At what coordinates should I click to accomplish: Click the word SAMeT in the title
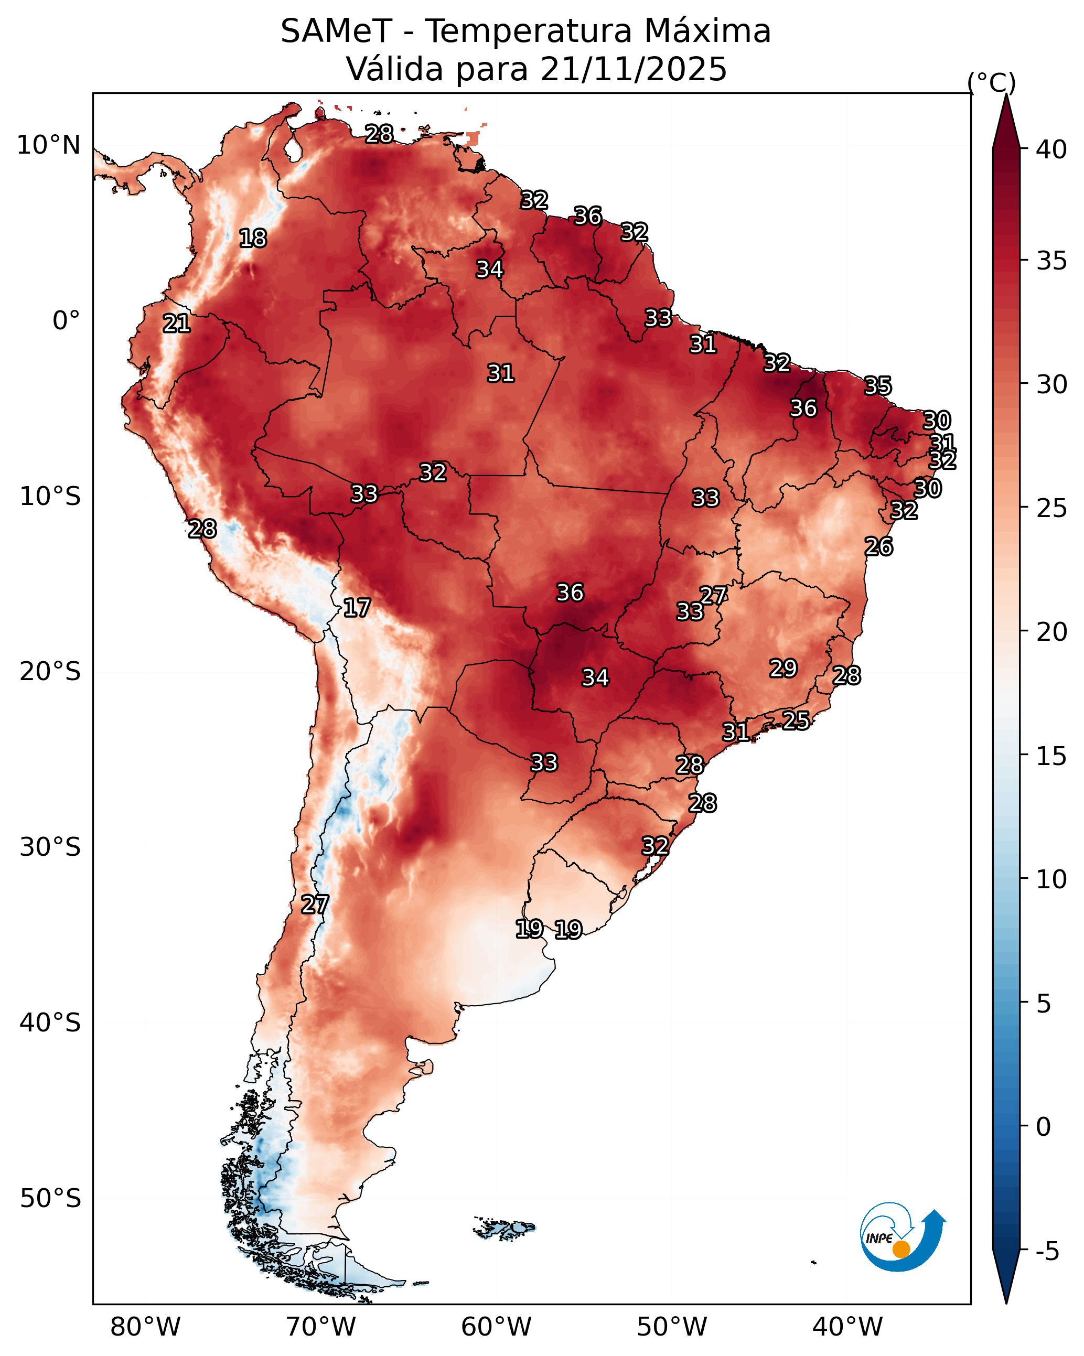[x=336, y=31]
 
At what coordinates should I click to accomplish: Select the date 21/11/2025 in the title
[x=633, y=69]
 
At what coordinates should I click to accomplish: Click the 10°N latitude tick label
[x=48, y=145]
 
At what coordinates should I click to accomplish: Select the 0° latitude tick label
[x=66, y=321]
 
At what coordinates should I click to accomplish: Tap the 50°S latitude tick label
[x=50, y=1199]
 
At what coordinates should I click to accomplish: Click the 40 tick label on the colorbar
[x=1051, y=149]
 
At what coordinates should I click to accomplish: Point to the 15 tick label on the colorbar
[x=1051, y=756]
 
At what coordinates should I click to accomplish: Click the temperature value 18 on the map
[x=253, y=239]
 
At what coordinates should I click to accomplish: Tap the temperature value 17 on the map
[x=357, y=608]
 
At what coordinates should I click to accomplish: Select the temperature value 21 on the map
[x=177, y=324]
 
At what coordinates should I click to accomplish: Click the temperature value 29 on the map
[x=784, y=669]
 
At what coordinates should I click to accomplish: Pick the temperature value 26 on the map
[x=878, y=546]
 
